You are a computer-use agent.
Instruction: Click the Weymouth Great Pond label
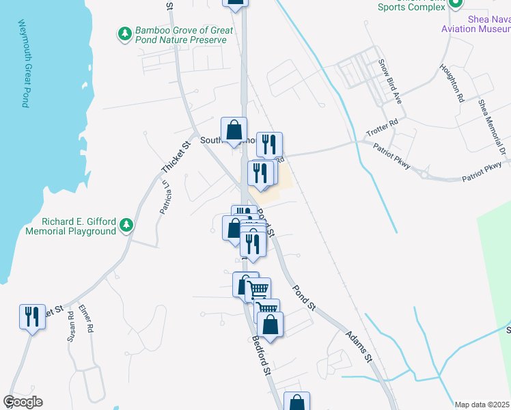tap(23, 63)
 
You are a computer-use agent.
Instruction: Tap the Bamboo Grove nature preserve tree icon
tap(124, 33)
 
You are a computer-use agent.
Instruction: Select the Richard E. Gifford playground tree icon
tap(126, 225)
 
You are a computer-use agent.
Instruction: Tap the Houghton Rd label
tap(452, 83)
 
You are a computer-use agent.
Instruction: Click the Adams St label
tap(358, 347)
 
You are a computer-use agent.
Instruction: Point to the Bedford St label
tap(261, 353)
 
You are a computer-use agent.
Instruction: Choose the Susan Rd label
tap(70, 326)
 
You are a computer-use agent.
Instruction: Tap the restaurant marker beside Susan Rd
tap(32, 318)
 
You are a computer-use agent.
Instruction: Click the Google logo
tap(23, 402)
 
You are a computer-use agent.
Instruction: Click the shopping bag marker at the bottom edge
tap(296, 403)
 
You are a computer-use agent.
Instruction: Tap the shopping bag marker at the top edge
tap(235, 3)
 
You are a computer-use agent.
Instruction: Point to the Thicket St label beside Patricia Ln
tap(175, 157)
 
